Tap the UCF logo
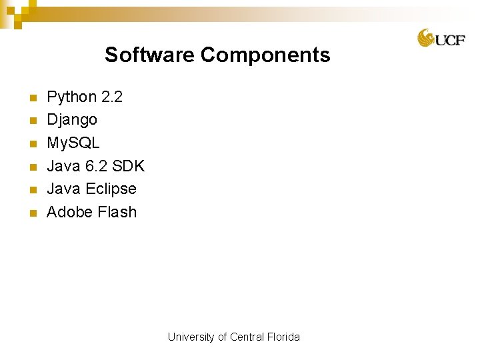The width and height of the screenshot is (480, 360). point(441,38)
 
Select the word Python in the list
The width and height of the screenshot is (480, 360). point(71,97)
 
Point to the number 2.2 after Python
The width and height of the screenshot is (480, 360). point(112,97)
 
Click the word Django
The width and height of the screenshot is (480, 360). point(72,120)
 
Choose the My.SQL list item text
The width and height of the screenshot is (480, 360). point(73,143)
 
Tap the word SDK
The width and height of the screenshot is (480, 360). point(129,166)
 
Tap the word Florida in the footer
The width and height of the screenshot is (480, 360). point(283,337)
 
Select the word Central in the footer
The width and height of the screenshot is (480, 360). point(247,337)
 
